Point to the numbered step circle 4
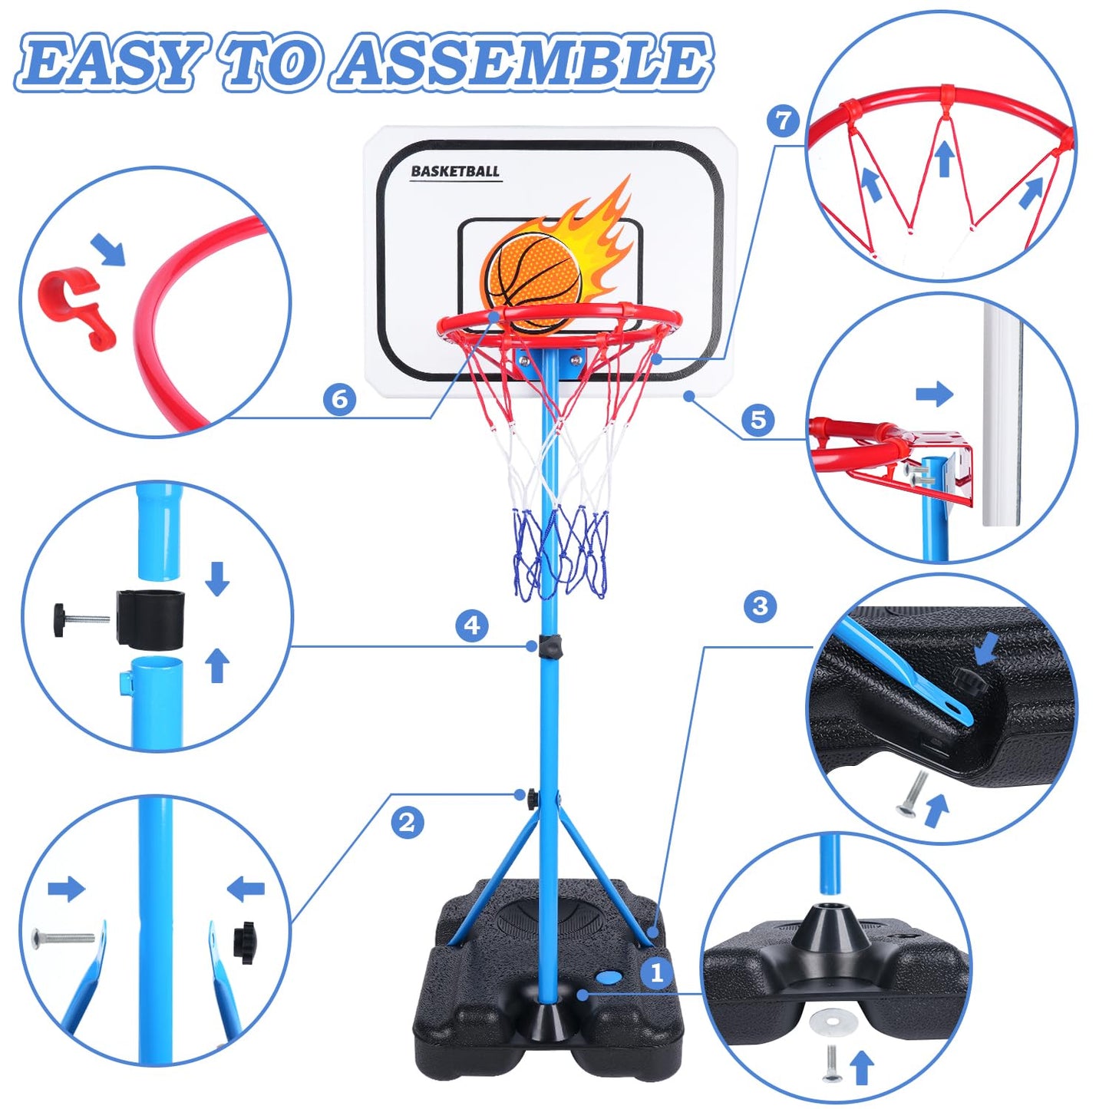click(472, 625)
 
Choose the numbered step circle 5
click(758, 420)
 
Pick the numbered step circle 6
click(339, 398)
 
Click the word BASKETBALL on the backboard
click(455, 171)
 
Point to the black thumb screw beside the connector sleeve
click(81, 620)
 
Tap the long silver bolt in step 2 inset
click(63, 937)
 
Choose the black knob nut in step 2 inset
click(245, 944)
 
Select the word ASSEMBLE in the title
click(521, 66)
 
